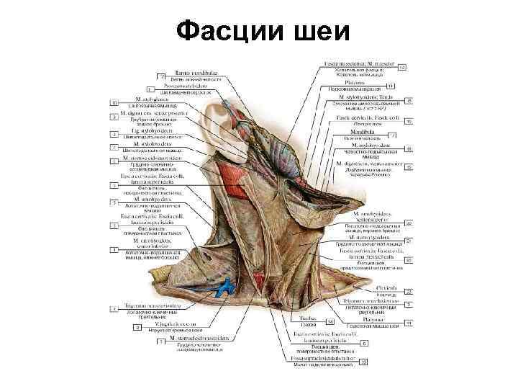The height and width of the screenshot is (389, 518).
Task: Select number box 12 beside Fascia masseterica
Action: click(x=402, y=67)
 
